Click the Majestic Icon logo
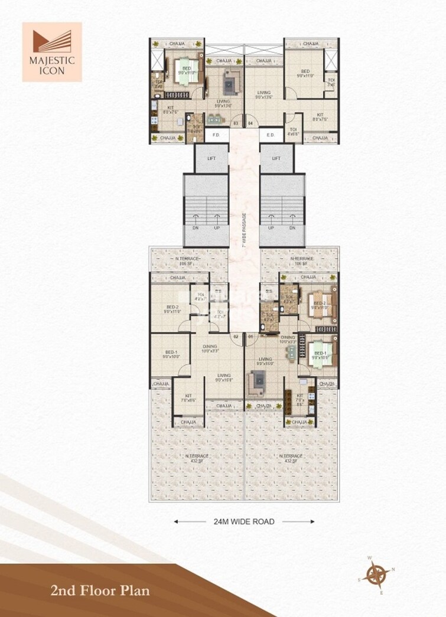tap(52, 51)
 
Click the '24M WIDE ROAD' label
tap(243, 521)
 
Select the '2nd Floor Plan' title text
tap(100, 590)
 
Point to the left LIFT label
tap(211, 159)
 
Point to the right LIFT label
tap(276, 159)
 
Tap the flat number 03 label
tap(235, 123)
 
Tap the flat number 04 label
tap(250, 123)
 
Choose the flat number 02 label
tap(235, 337)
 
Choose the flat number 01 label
tap(250, 337)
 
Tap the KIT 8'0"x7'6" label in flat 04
tap(320, 117)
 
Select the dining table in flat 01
tap(290, 352)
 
